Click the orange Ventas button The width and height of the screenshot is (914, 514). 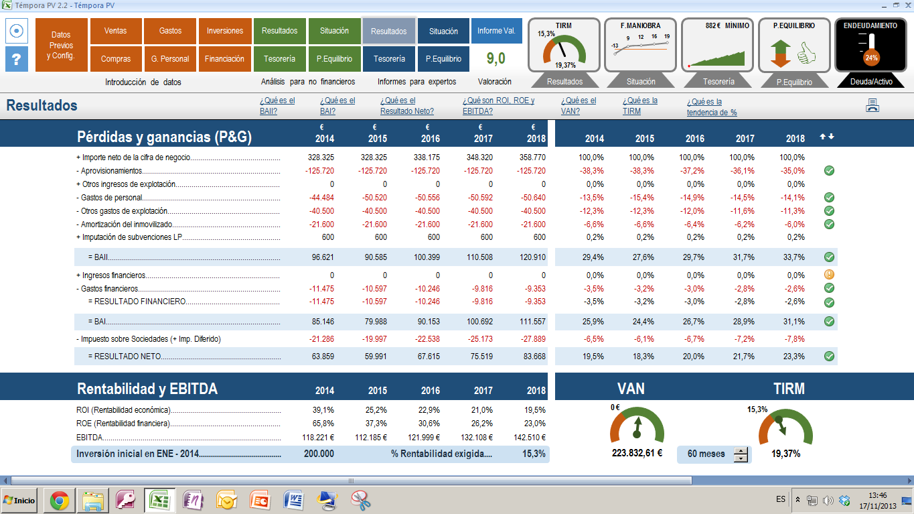(116, 31)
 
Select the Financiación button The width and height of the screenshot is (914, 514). (224, 59)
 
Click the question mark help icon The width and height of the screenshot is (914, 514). (17, 60)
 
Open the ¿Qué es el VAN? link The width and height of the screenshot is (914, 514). (578, 106)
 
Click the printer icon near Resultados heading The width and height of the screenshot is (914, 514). (872, 105)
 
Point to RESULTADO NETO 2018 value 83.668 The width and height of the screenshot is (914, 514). (533, 357)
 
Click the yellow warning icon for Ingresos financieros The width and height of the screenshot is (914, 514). (829, 275)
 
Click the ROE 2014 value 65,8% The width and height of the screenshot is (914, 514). (323, 424)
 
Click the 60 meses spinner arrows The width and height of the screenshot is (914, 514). (741, 454)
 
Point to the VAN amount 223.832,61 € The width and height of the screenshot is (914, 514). (637, 453)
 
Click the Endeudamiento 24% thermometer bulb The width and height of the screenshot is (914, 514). (871, 58)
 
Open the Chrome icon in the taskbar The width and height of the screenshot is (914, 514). (60, 500)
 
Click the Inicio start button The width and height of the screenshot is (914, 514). (19, 500)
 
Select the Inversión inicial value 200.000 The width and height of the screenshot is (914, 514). (319, 454)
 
